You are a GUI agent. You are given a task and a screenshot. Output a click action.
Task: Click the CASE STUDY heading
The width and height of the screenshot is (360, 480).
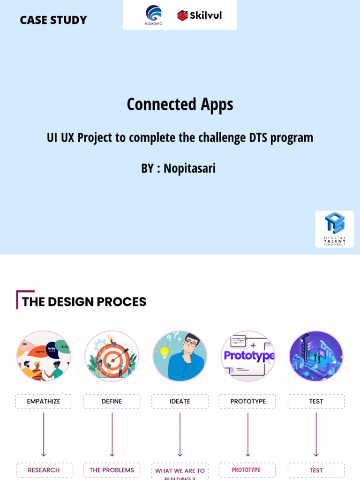(53, 20)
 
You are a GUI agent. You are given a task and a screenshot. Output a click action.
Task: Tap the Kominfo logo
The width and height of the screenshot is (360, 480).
(154, 15)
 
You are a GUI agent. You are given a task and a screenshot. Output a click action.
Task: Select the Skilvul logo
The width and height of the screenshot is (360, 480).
(199, 15)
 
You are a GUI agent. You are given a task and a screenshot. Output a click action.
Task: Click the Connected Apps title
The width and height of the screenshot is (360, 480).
(180, 104)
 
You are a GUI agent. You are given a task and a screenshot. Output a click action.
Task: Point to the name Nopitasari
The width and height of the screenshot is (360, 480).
(189, 168)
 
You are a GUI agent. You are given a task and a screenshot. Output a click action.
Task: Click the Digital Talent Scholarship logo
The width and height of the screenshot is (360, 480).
(335, 229)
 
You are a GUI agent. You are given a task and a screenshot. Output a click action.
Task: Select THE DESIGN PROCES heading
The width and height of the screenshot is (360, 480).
(84, 302)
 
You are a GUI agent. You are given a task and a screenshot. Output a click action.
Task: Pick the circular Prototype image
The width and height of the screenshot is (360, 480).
(248, 356)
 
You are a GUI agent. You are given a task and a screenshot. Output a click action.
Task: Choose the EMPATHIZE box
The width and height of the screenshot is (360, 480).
(44, 401)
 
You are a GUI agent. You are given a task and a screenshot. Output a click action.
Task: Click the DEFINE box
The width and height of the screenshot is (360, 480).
(112, 401)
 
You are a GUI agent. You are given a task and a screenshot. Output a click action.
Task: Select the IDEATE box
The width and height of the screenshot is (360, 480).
(180, 401)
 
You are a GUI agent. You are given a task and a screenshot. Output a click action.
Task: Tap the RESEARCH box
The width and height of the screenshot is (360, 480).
(44, 470)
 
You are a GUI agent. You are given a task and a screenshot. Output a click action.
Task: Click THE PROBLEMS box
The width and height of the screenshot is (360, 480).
(112, 470)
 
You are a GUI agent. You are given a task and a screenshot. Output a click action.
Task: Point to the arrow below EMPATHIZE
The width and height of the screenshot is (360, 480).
(44, 434)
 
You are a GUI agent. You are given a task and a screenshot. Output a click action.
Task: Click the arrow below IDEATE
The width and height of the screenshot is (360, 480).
(180, 434)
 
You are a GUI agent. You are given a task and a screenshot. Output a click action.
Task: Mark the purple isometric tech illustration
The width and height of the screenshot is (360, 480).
(316, 356)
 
